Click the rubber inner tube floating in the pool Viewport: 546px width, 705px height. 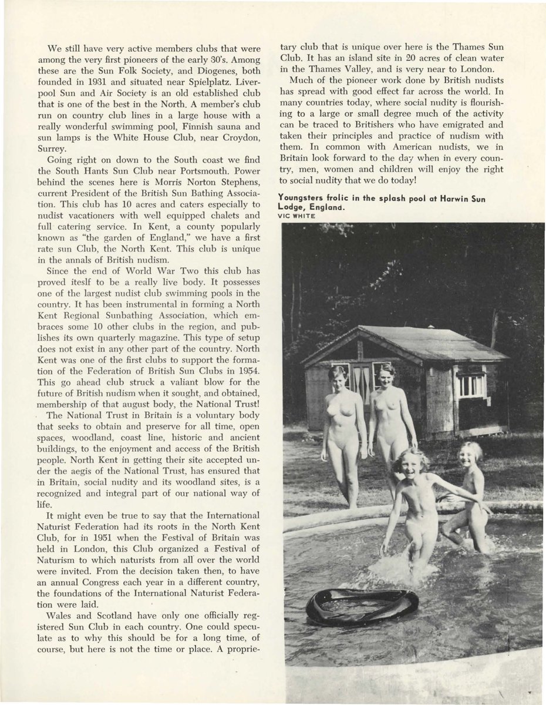point(362,606)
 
